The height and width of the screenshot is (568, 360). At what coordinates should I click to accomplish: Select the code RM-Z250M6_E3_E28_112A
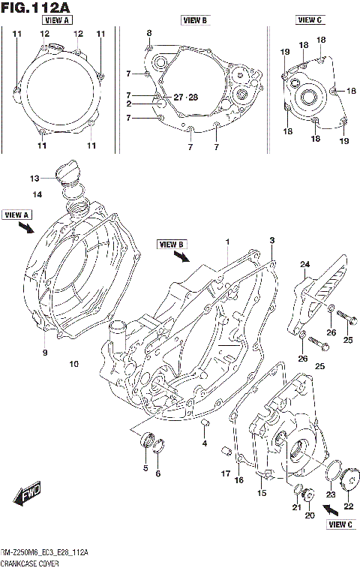(x=45, y=552)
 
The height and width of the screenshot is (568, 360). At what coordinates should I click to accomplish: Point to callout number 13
(x=34, y=179)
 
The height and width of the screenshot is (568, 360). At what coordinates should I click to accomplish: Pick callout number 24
(x=305, y=264)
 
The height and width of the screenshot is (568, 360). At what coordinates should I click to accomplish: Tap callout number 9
(x=44, y=352)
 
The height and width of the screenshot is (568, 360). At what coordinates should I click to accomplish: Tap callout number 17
(x=225, y=473)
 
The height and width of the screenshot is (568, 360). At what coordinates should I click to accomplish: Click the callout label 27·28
(x=186, y=98)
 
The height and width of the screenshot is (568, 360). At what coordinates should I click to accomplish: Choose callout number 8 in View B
(x=148, y=33)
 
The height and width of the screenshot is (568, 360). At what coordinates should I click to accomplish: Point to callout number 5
(x=145, y=468)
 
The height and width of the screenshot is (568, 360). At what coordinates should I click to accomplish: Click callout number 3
(x=272, y=239)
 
